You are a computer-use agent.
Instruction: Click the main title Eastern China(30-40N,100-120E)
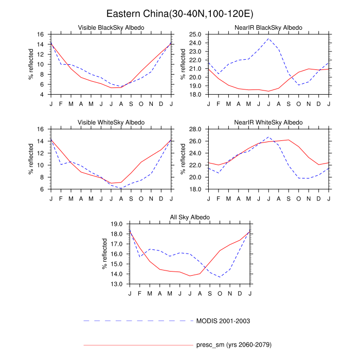pyautogui.click(x=179, y=13)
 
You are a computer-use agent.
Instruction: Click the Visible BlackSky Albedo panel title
pyautogui.click(x=111, y=27)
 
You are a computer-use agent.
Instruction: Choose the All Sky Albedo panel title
pyautogui.click(x=190, y=217)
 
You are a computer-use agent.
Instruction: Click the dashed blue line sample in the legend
pyautogui.click(x=138, y=321)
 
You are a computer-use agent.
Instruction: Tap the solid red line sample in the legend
pyautogui.click(x=138, y=345)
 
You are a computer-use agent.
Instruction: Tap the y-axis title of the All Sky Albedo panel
pyautogui.click(x=105, y=254)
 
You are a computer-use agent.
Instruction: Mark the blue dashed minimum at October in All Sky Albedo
pyautogui.click(x=220, y=277)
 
